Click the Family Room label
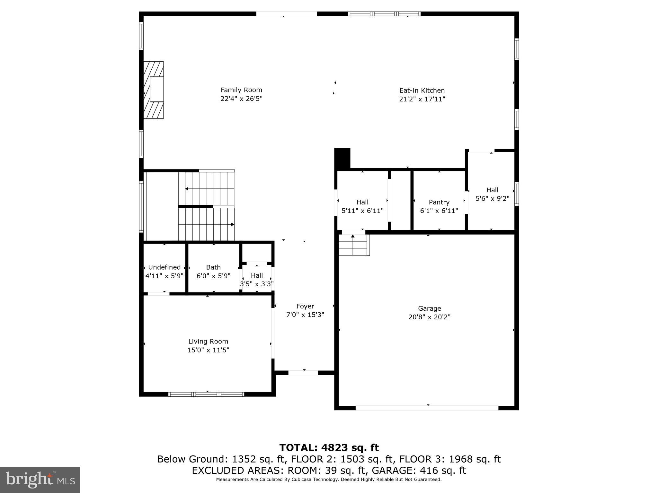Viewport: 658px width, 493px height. (x=241, y=90)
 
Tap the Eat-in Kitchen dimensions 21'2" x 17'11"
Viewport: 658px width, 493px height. (x=422, y=99)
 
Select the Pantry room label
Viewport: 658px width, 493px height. (x=439, y=202)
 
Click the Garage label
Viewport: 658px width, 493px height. (x=429, y=308)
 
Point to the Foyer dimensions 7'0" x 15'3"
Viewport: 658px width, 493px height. (x=305, y=315)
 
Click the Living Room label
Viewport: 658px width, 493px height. (x=208, y=342)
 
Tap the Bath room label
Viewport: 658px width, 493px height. (x=213, y=267)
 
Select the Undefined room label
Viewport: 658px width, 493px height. (x=164, y=267)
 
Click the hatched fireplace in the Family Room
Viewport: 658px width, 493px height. (x=154, y=90)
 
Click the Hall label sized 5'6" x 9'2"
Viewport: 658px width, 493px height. (x=492, y=190)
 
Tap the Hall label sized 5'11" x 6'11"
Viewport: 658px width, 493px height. (x=362, y=202)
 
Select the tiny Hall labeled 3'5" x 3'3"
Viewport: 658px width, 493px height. (x=257, y=275)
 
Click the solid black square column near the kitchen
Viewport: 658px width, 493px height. (x=342, y=158)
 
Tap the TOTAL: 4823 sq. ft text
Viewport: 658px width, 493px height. (x=329, y=447)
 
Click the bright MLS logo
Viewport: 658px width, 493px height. (x=40, y=480)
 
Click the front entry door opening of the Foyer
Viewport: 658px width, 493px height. (x=303, y=373)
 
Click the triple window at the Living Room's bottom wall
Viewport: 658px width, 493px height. (x=206, y=394)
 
